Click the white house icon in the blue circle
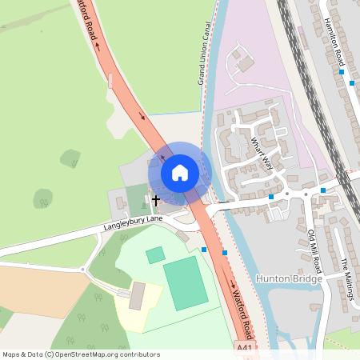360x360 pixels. click(x=180, y=172)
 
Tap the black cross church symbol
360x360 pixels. click(x=155, y=199)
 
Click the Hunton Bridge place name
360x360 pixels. click(x=288, y=278)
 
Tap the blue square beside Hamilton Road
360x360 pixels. click(x=342, y=72)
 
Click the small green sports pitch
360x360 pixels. click(x=155, y=255)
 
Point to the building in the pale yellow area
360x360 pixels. click(x=138, y=296)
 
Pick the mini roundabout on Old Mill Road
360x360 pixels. click(x=305, y=194)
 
